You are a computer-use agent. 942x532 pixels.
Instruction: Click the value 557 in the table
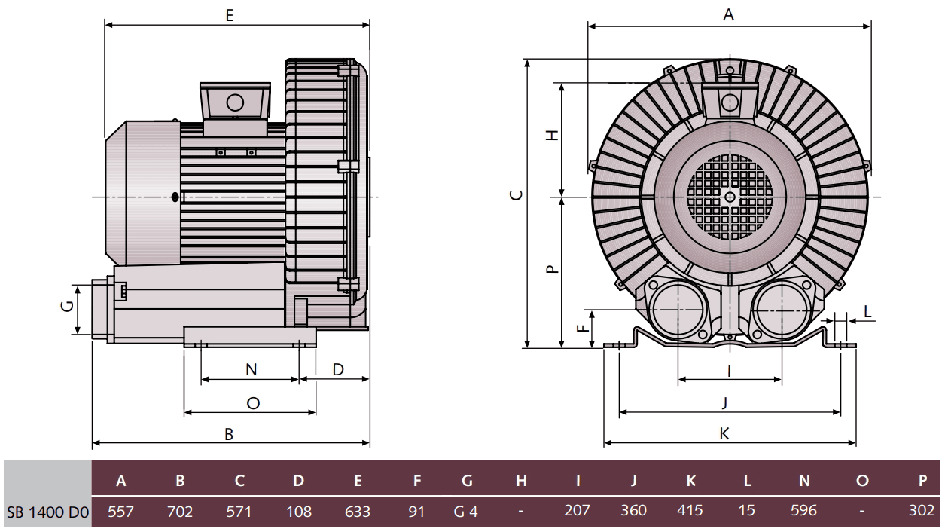[x=121, y=511]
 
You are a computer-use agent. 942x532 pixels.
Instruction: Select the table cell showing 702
[x=179, y=511]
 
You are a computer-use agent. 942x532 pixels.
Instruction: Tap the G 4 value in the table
[x=466, y=511]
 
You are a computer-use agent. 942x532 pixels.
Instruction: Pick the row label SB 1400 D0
[x=47, y=511]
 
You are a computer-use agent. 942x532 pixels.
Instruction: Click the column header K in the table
[x=690, y=481]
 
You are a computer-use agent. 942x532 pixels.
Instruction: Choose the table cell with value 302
[x=921, y=511]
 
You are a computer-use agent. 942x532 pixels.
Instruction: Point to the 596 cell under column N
[x=803, y=511]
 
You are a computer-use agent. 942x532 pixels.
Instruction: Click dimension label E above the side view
[x=229, y=15]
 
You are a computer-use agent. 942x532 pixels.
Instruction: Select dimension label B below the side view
[x=229, y=434]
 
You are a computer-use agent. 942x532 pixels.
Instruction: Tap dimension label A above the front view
[x=728, y=15]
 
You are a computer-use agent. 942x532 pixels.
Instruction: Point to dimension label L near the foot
[x=867, y=311]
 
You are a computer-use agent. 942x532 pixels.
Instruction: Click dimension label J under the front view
[x=724, y=403]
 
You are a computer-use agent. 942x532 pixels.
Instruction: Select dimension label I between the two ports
[x=729, y=369]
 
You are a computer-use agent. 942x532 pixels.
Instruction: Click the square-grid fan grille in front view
[x=729, y=197]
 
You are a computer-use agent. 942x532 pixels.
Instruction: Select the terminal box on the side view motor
[x=234, y=101]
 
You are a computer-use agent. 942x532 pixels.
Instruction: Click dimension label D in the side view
[x=338, y=369]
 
